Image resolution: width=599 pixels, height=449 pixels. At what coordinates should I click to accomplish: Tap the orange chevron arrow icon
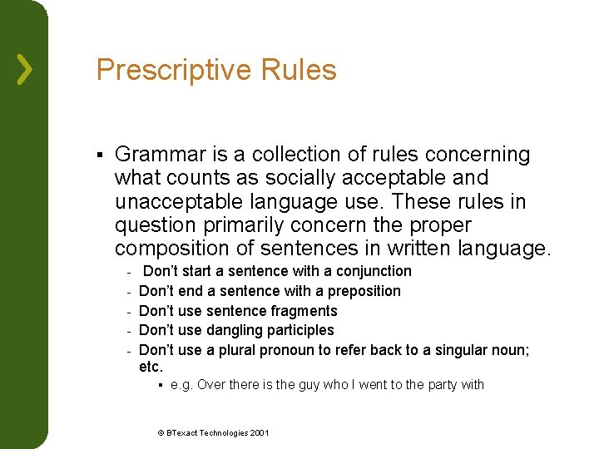click(25, 69)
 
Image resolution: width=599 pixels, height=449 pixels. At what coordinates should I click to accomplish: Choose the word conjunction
click(374, 271)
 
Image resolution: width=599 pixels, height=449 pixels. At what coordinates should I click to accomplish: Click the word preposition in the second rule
click(364, 291)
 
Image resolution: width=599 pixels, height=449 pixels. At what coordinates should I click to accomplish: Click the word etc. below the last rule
click(151, 367)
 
